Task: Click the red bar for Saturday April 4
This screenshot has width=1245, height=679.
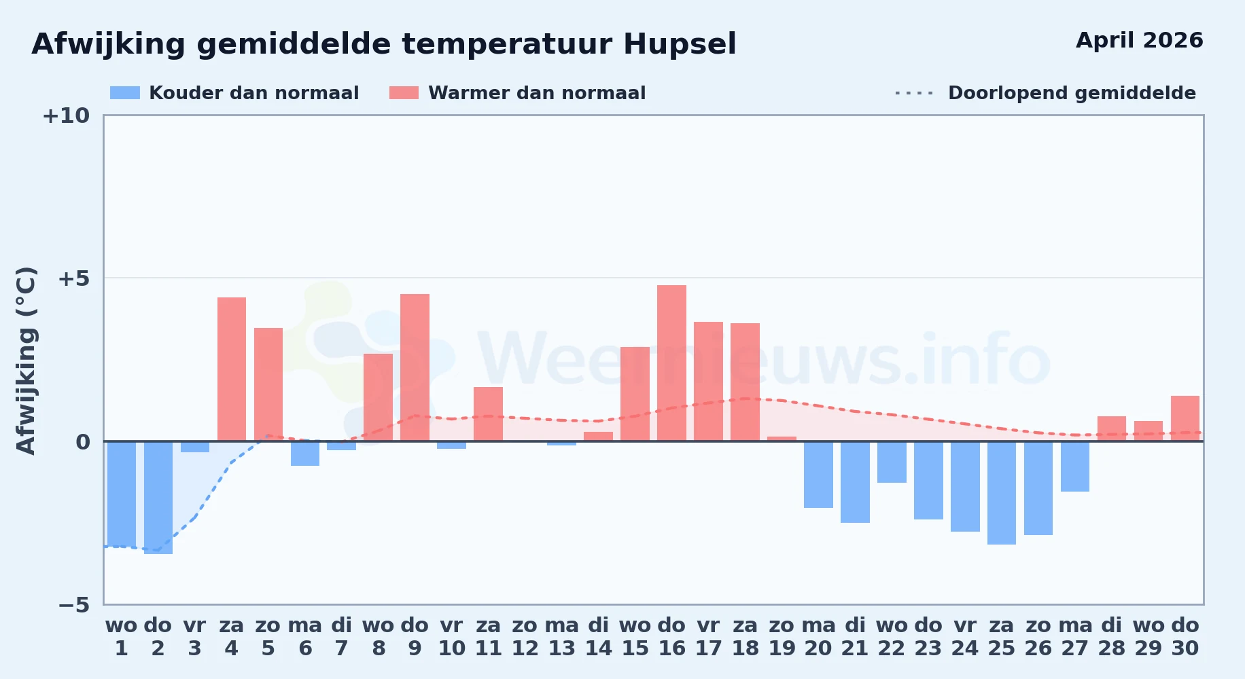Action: [232, 369]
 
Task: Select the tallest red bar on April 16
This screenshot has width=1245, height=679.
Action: [671, 363]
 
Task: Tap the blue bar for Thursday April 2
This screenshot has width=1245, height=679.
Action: [158, 498]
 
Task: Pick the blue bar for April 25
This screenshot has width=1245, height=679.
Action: [1002, 493]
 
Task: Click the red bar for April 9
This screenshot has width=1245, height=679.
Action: [415, 367]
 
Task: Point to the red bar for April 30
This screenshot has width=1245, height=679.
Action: [1185, 418]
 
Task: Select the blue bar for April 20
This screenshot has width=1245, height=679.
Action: [818, 475]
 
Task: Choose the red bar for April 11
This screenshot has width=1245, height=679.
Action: [488, 414]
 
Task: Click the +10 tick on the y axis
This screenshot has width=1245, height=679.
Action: [66, 116]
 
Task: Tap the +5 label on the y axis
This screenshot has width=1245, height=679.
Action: [73, 278]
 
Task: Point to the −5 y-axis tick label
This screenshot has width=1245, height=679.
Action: [73, 605]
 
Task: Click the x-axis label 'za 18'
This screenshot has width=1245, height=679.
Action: [745, 637]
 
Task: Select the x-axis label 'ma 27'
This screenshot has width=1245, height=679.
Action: [1075, 637]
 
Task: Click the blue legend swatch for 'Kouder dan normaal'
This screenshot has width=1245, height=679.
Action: [125, 93]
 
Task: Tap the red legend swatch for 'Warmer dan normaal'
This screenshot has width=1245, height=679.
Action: [404, 93]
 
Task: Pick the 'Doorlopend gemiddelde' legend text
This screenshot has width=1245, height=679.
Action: [1072, 93]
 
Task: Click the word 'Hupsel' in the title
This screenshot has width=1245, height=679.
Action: [680, 45]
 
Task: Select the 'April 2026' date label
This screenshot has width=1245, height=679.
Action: [1140, 40]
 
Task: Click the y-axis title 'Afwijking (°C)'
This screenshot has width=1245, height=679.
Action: [26, 361]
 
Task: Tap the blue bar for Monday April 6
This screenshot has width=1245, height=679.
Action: [305, 454]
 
